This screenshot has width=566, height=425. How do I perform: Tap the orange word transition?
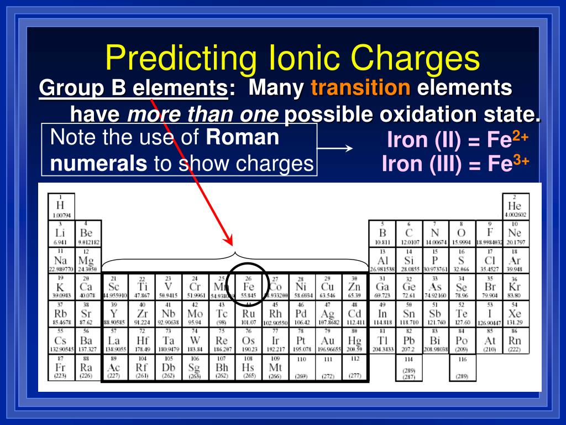click(361, 87)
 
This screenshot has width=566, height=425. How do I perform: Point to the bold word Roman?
click(243, 138)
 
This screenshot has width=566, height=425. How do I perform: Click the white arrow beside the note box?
click(336, 148)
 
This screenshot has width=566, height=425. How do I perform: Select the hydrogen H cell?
click(61, 206)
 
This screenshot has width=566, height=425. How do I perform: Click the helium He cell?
click(515, 206)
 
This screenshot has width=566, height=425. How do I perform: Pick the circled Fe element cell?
click(249, 287)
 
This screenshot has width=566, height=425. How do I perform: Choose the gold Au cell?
click(327, 341)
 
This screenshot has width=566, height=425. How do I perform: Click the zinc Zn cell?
click(354, 287)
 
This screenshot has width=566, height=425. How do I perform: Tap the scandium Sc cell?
click(113, 287)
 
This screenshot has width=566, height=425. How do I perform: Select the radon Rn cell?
click(515, 341)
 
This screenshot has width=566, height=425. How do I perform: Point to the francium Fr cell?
click(61, 367)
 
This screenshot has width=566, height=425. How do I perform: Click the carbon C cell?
click(408, 233)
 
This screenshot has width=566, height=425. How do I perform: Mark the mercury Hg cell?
click(354, 341)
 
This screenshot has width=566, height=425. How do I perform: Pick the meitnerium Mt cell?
click(275, 367)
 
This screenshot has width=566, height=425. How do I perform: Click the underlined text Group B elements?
click(133, 88)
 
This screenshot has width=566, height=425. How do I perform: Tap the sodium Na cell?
click(61, 260)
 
